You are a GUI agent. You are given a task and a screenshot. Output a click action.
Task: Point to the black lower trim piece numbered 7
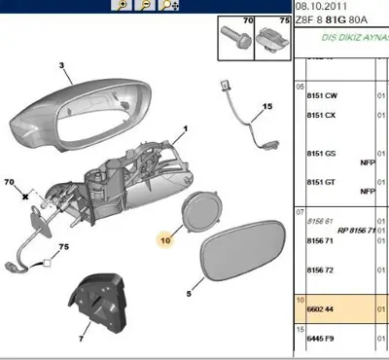(101, 302)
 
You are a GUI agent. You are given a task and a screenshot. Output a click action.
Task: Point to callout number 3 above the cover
(61, 66)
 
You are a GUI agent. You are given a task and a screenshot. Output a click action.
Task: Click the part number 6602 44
(322, 308)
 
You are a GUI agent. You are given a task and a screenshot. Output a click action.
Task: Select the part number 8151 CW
(322, 96)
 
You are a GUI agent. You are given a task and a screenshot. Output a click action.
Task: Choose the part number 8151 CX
(322, 117)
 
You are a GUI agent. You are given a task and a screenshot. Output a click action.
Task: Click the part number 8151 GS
(322, 153)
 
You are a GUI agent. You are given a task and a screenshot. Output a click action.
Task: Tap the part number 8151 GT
(322, 182)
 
